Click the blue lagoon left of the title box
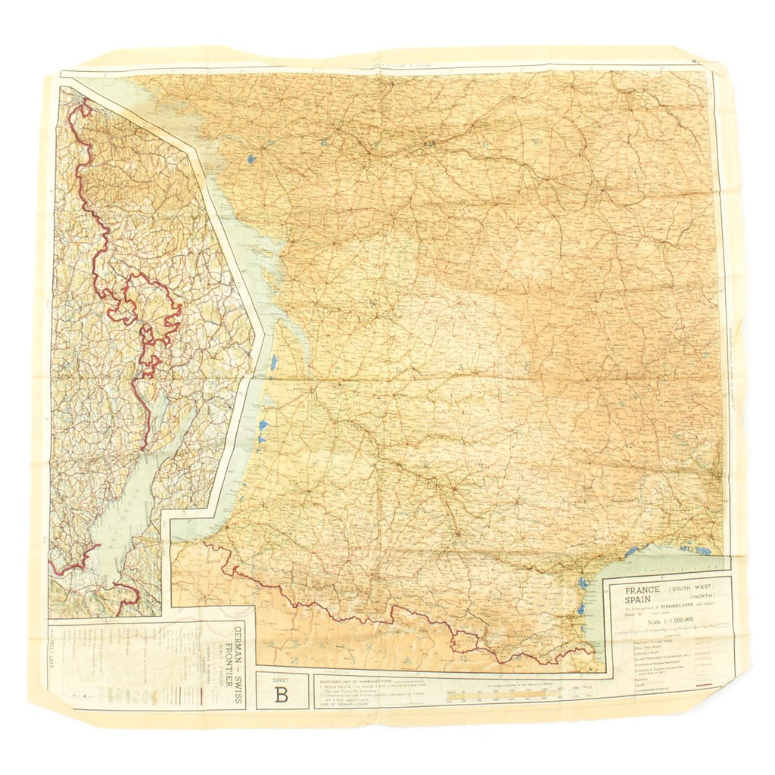(x=582, y=584)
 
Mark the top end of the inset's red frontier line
(x=83, y=101)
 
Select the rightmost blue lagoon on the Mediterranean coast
(x=704, y=550)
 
